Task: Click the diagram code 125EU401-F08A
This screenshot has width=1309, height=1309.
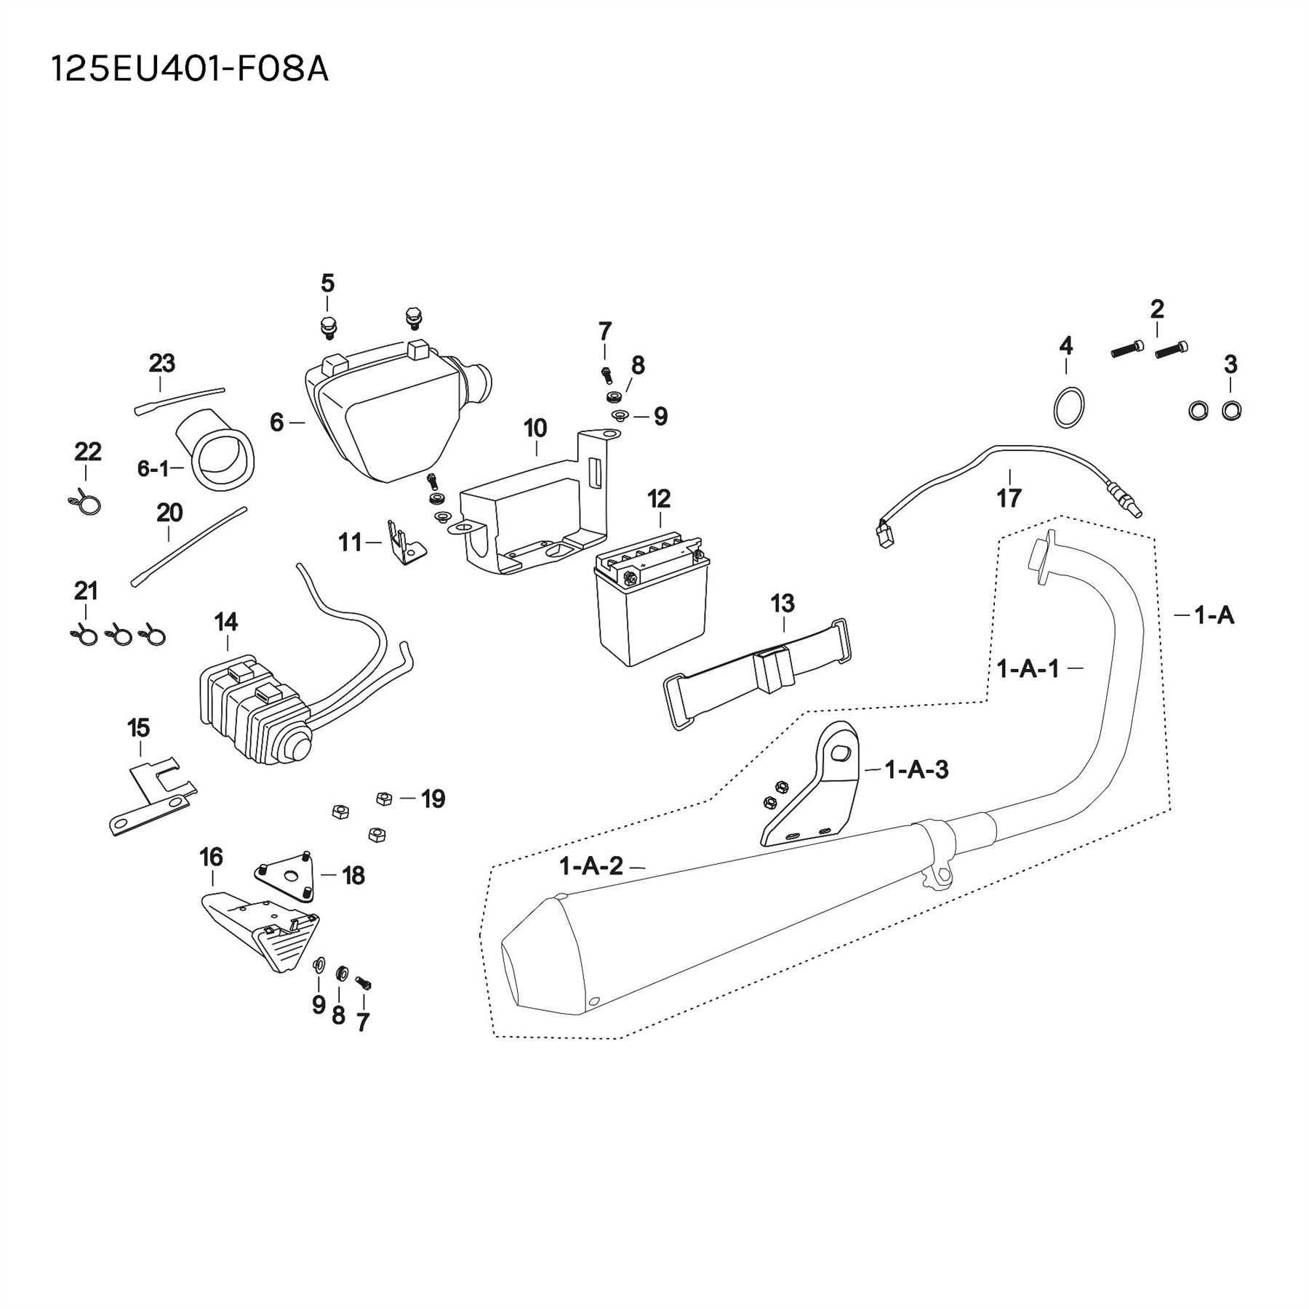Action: pos(190,70)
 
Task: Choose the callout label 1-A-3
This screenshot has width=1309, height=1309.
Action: pos(916,769)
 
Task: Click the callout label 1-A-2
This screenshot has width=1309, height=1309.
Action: pos(591,866)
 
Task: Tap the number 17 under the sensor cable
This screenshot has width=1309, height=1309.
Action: pos(1009,498)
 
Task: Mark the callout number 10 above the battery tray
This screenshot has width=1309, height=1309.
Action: pos(535,428)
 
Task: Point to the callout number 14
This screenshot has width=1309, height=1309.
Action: pos(226,622)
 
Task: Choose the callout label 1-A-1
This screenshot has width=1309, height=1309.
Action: pos(1028,668)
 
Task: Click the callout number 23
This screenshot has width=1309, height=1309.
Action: pos(162,363)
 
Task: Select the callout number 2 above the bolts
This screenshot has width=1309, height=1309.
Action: pos(1157,310)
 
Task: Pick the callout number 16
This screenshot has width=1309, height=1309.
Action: pos(212,857)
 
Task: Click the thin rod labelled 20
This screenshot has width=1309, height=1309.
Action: pos(189,546)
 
